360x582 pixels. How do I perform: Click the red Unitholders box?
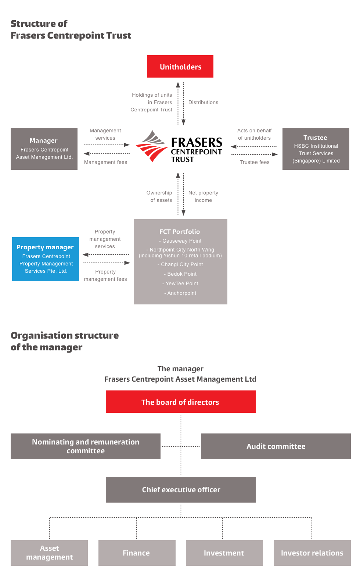[x=180, y=67]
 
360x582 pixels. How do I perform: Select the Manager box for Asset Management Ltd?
[x=44, y=149]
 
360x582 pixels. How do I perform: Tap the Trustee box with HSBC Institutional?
[x=316, y=149]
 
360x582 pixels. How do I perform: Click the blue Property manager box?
[x=46, y=259]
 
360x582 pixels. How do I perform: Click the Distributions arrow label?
[x=203, y=103]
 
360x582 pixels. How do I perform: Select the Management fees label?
[x=105, y=162]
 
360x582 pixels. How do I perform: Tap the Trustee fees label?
[x=255, y=162]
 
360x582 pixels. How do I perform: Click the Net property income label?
[x=203, y=196]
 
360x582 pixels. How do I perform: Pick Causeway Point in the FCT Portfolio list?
[x=180, y=241]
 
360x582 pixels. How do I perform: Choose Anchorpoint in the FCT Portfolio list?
[x=180, y=293]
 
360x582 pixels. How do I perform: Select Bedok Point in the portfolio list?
[x=180, y=274]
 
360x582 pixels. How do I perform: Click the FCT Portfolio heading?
[x=180, y=232]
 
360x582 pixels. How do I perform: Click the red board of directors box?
[x=180, y=402]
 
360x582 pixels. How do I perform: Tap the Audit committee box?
[x=276, y=446]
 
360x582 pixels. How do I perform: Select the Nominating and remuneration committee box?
[x=86, y=446]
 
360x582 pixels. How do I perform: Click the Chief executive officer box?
[x=181, y=490]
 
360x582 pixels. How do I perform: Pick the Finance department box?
[x=137, y=553]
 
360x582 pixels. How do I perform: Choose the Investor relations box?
[x=312, y=553]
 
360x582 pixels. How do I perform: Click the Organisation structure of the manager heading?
[x=65, y=341]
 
